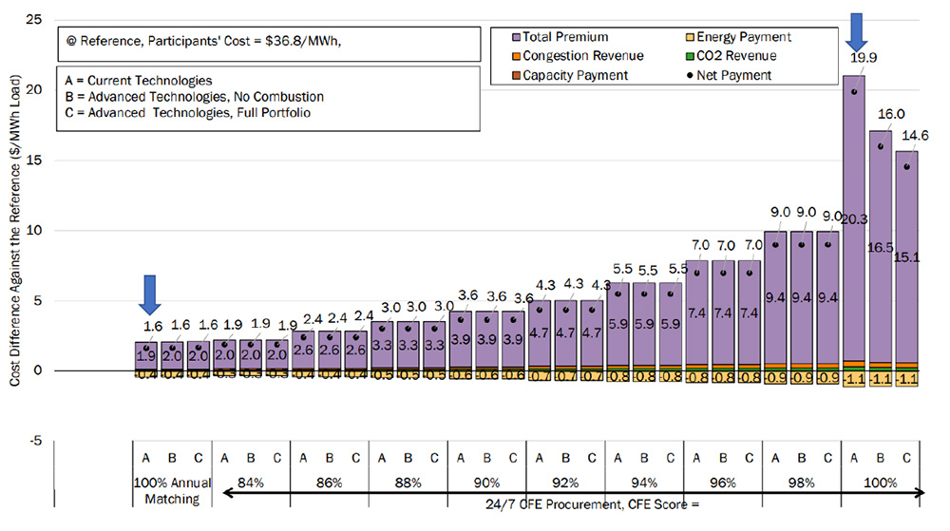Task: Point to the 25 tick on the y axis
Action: tap(37, 19)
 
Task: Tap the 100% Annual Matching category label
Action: tap(171, 489)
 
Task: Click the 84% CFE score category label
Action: tap(251, 483)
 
